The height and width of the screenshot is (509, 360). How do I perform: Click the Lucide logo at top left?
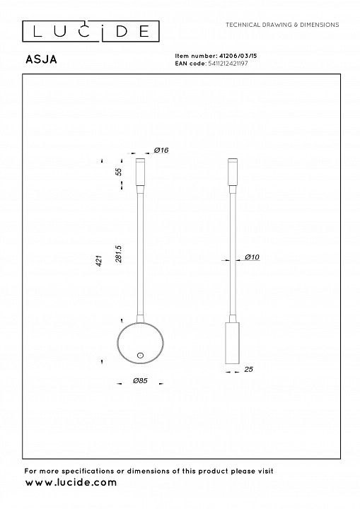(91, 32)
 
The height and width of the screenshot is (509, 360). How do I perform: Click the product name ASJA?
(41, 59)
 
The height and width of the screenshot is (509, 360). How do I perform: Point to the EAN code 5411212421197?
(228, 64)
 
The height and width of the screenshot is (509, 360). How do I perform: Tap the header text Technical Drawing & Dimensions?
(282, 25)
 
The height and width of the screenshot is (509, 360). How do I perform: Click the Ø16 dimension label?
(161, 150)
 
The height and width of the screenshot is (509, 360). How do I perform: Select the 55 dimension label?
(120, 172)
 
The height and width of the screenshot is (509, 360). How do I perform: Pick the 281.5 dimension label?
(119, 254)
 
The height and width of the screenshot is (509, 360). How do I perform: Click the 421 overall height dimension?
(100, 261)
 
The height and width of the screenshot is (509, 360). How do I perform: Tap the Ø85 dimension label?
(140, 380)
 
